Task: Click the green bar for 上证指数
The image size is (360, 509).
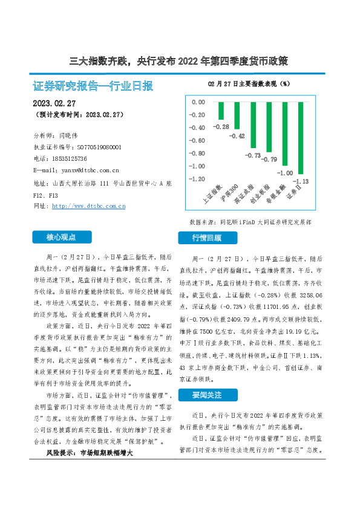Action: click(x=221, y=111)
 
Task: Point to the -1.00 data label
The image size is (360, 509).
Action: click(x=285, y=173)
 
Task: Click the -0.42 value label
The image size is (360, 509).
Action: click(x=237, y=136)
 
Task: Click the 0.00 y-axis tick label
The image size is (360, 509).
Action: click(x=198, y=102)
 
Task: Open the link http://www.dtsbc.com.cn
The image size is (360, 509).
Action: click(x=88, y=206)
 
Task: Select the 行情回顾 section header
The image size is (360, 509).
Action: click(x=207, y=238)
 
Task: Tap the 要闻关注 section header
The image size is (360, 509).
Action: click(x=207, y=395)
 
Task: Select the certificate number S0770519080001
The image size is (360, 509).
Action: click(x=99, y=147)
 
